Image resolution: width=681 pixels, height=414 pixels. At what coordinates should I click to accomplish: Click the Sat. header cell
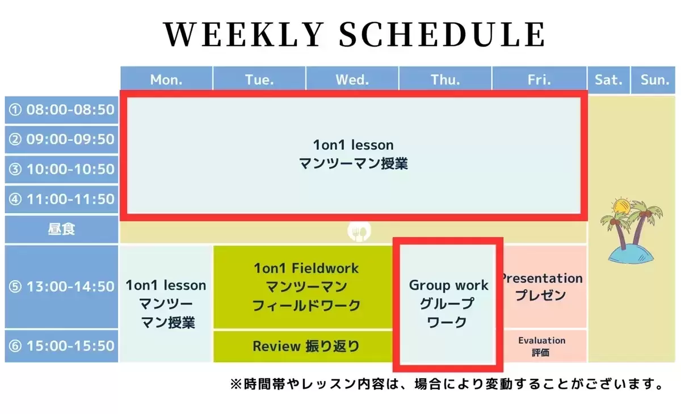coord(608,80)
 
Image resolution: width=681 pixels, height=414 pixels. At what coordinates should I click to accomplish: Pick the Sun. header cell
coord(653,80)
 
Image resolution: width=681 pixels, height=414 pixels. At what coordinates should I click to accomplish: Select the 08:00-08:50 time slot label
coord(61,110)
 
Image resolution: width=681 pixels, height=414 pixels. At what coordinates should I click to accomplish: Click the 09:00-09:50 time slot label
coord(61,140)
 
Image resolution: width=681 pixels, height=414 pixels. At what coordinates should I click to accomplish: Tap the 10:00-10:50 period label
coord(61,170)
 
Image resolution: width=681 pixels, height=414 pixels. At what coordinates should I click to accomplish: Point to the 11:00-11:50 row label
coord(61,200)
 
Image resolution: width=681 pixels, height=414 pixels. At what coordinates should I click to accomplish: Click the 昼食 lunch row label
coord(61,229)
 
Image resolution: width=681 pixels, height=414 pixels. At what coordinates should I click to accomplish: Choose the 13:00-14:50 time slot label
coord(61,287)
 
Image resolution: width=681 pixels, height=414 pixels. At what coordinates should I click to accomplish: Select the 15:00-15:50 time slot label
coord(61,346)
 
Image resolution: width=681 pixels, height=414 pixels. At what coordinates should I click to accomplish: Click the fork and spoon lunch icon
coord(359,231)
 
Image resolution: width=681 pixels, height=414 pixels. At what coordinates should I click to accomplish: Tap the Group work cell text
coord(448,303)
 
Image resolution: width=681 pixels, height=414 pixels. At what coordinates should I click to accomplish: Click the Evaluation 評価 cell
coord(542,347)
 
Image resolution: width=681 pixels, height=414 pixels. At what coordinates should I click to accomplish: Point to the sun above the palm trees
coord(621,206)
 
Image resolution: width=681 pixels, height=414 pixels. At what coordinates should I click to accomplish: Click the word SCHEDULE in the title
coord(442,35)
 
